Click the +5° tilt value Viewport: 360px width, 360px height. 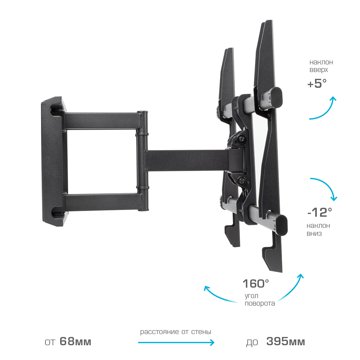(x=317, y=84)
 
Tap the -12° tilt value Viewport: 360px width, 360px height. (x=320, y=212)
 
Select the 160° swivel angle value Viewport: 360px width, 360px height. (x=256, y=284)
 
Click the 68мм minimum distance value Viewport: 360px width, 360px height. (x=75, y=341)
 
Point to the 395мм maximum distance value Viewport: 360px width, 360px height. (x=285, y=341)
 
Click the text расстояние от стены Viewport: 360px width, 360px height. (x=176, y=332)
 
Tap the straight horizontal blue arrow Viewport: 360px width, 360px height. (x=176, y=343)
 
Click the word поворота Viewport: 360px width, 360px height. (x=260, y=303)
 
